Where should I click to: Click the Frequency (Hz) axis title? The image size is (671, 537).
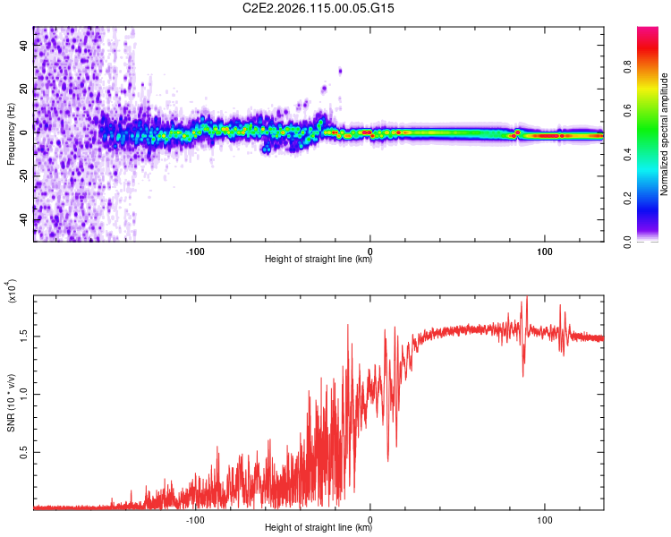(11, 134)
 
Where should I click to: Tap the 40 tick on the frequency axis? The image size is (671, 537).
(24, 46)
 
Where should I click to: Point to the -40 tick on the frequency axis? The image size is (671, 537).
(24, 219)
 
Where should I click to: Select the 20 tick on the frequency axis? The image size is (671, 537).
(24, 89)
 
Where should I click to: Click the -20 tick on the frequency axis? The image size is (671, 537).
(24, 176)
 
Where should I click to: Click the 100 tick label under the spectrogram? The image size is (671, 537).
(544, 251)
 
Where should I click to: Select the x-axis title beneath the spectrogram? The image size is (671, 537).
(319, 260)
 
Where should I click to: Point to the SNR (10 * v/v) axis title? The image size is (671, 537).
(11, 403)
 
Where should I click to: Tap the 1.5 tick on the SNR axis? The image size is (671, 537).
(24, 336)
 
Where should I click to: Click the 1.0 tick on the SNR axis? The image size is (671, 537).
(24, 394)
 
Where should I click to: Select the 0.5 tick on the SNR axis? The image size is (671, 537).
(24, 453)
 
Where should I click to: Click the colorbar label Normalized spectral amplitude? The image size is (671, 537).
(665, 134)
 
